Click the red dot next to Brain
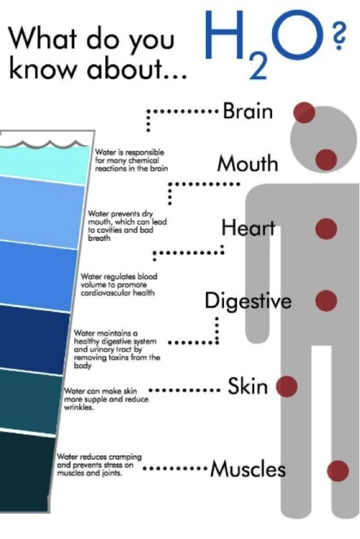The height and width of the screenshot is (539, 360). [x=304, y=112]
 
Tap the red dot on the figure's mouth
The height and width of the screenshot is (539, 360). [x=326, y=160]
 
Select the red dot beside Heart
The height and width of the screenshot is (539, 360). [x=326, y=229]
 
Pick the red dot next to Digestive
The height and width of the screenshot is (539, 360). [x=326, y=300]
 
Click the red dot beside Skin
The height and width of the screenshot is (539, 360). [x=287, y=386]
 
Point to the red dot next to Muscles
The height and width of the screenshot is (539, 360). [x=338, y=471]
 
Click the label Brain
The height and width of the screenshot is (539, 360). [x=248, y=111]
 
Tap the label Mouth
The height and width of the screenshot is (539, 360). [x=248, y=163]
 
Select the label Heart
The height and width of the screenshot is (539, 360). [x=248, y=227]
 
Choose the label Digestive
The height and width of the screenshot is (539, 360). [x=248, y=301]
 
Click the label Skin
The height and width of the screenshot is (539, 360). [x=248, y=386]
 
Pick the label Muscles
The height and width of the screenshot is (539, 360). [x=248, y=468]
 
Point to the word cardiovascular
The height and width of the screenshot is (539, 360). [x=102, y=293]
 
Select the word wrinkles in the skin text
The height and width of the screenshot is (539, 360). [x=78, y=407]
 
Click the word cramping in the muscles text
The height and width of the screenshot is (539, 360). [x=125, y=457]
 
